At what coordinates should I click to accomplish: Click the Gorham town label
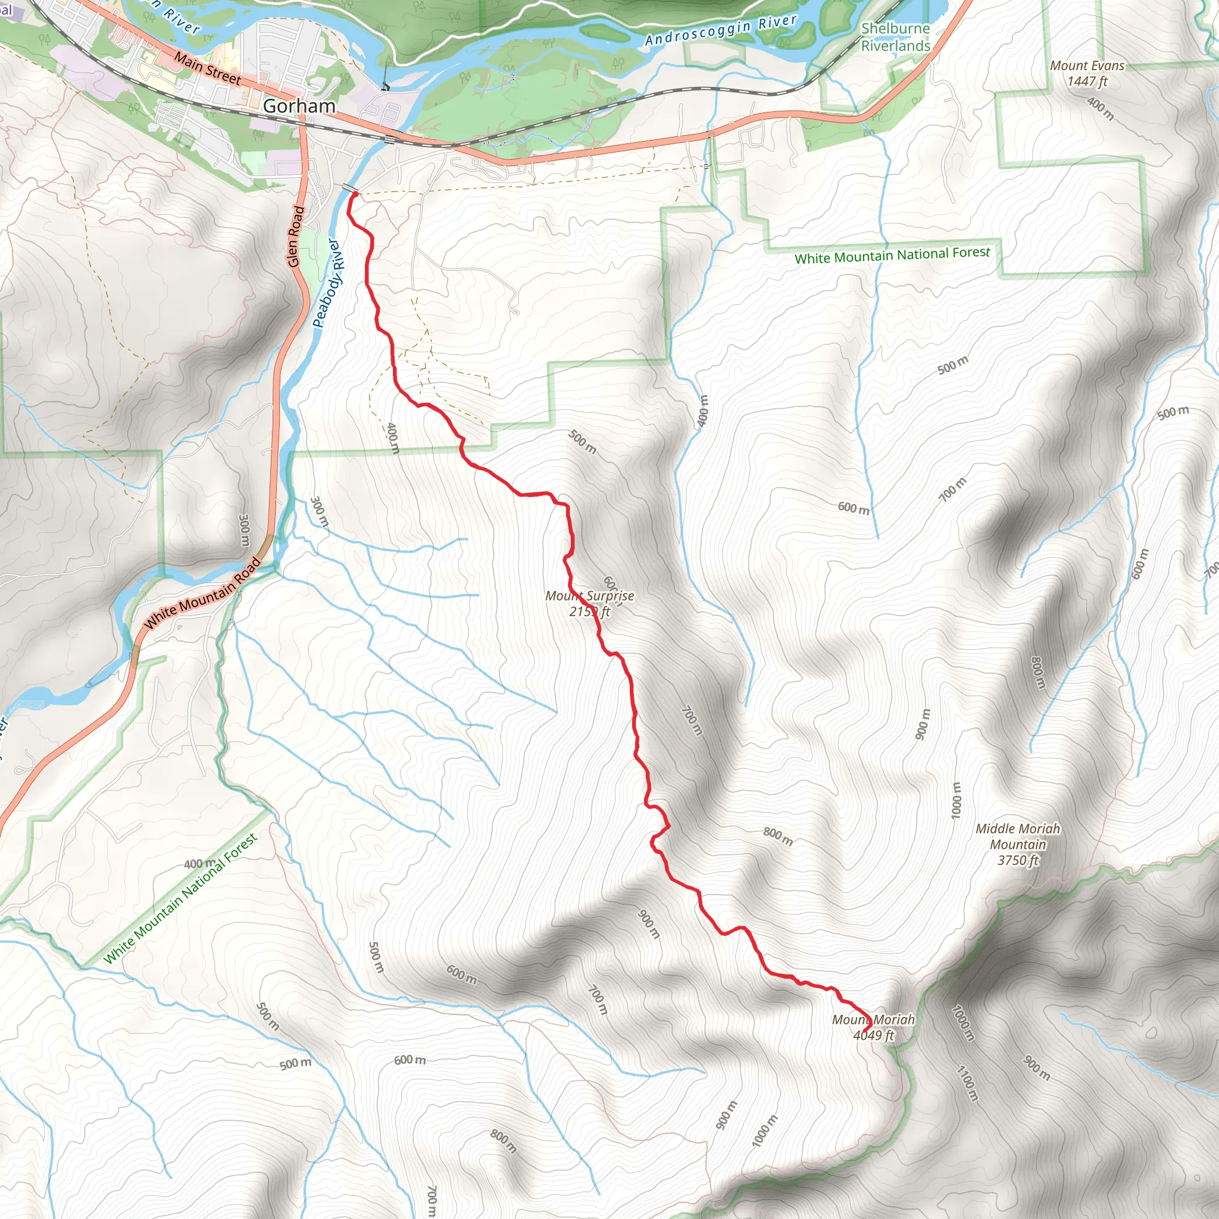coord(298,106)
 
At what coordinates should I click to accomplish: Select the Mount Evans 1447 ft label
coord(1086,73)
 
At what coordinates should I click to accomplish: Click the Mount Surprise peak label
coord(589,603)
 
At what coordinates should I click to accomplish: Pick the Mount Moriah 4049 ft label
coord(873,1027)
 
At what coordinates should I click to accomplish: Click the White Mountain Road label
coord(202,593)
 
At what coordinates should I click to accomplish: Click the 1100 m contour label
coord(967,1083)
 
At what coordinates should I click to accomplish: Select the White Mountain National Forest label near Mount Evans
coord(892,255)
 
